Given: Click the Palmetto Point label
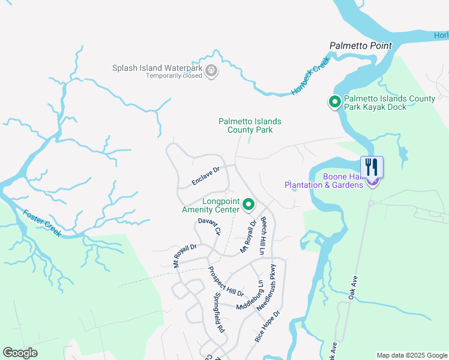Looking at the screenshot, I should click(360, 46).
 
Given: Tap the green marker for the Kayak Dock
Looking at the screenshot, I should click(334, 103).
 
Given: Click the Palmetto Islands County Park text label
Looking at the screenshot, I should click(249, 125).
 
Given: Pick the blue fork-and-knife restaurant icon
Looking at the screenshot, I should click(372, 167).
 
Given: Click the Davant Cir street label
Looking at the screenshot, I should click(209, 227).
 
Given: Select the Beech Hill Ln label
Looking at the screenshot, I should click(262, 236).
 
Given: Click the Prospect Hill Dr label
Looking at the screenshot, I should click(226, 281).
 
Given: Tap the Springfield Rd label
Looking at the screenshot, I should click(219, 313).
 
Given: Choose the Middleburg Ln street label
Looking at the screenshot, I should click(250, 295).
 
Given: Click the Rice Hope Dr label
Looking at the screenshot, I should click(267, 326).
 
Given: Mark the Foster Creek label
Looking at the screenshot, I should click(42, 223).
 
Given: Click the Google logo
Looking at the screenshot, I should click(20, 352).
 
